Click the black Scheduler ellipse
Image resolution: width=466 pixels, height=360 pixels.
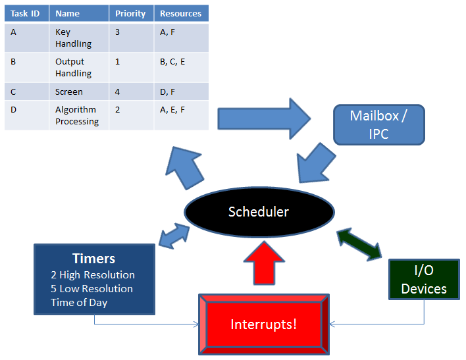coord(259,212)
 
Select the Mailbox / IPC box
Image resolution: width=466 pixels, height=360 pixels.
coord(378,124)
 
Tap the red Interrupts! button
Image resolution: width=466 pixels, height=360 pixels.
coord(264,324)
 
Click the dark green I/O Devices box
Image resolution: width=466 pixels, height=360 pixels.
coord(424,279)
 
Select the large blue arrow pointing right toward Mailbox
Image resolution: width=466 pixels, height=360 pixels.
coord(263,119)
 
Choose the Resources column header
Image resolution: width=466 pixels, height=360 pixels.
coord(181,13)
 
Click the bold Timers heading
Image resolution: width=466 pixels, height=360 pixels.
coord(93,259)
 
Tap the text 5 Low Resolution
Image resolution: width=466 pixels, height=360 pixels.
coord(91,289)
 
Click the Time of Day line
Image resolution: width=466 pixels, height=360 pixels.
coord(79,303)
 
